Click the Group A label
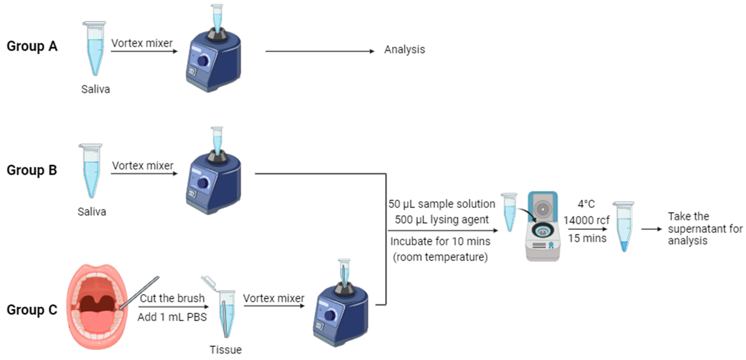32,46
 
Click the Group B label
32,170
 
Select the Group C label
32,310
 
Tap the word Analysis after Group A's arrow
404,50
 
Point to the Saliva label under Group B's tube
92,212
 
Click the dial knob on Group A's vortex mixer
203,61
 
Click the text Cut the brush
172,298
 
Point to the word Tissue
226,350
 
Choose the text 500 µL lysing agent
441,220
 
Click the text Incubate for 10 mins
440,241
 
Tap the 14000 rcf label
586,220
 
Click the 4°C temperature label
586,204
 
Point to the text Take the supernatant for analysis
705,229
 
